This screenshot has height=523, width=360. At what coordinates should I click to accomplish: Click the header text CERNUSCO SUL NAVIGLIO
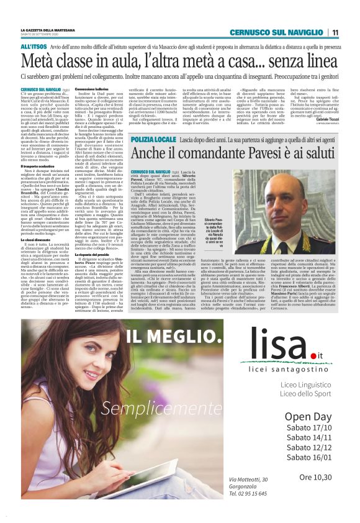[277, 32]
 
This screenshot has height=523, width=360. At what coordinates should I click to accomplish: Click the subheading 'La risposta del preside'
[92, 255]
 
